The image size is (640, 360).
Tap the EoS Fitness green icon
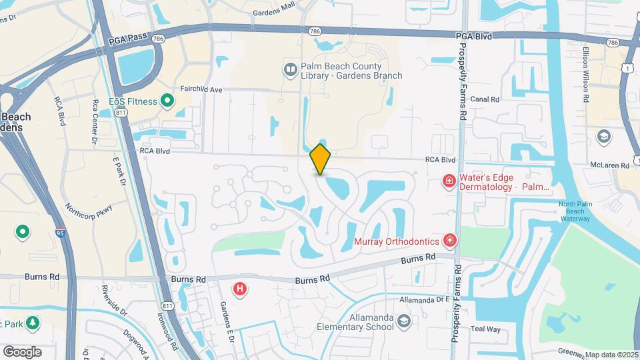(167, 101)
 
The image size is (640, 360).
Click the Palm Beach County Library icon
(291, 69)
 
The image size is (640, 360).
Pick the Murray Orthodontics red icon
(450, 240)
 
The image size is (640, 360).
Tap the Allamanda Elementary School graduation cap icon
(403, 323)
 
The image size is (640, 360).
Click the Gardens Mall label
(273, 13)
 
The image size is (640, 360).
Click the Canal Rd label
(485, 99)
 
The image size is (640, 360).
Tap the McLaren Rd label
(609, 165)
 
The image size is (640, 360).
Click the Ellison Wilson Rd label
(585, 74)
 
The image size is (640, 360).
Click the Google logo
(22, 351)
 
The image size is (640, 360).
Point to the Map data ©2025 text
(611, 355)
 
